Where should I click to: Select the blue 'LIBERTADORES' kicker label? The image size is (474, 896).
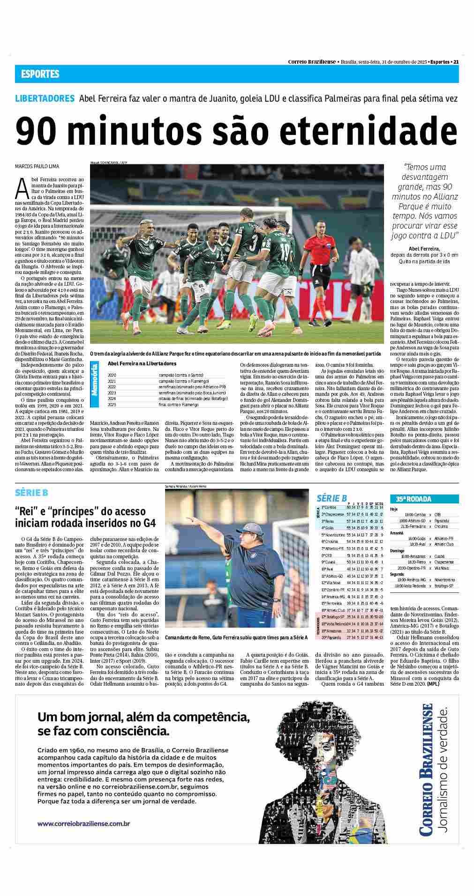click(45, 99)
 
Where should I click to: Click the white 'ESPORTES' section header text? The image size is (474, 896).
click(40, 74)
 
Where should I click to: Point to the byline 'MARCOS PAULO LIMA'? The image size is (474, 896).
click(38, 166)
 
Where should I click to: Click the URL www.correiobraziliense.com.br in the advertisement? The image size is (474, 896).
click(83, 836)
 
